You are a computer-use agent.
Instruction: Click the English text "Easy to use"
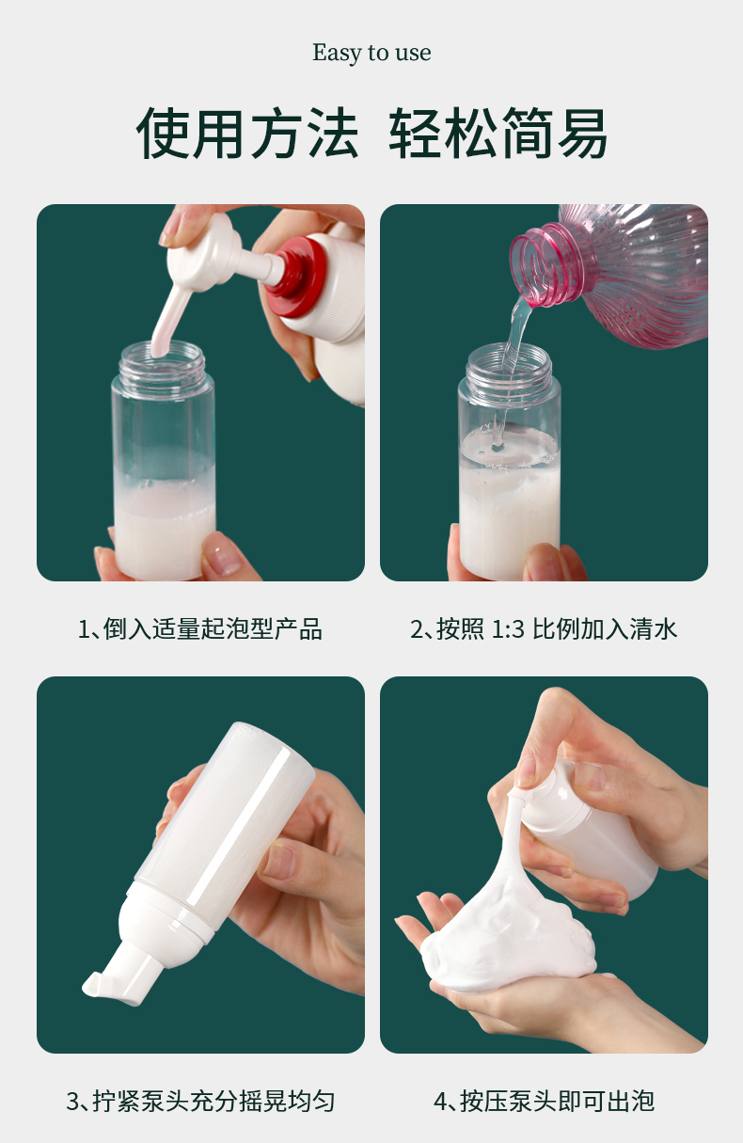coord(371,53)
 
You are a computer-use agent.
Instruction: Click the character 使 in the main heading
coord(163,133)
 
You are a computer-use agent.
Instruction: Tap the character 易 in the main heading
coord(582,133)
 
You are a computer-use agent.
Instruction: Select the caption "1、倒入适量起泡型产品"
coord(200,628)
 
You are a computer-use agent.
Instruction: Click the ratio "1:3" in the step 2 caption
coord(508,629)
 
